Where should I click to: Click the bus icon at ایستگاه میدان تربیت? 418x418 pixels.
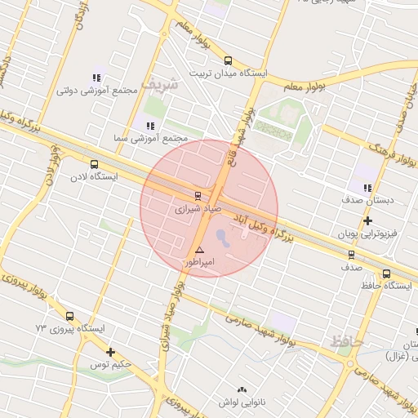228,60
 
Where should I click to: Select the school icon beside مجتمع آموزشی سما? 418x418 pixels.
149,126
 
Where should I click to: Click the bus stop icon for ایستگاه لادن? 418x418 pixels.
94,163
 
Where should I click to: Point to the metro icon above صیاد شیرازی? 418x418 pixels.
198,195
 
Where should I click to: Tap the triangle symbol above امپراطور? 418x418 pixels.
199,249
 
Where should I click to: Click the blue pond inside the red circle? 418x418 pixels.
222,238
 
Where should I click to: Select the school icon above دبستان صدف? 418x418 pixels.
367,187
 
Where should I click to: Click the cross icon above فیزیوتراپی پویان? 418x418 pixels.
368,220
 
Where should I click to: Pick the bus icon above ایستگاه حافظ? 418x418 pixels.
386,273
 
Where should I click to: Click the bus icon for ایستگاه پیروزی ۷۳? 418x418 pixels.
69,316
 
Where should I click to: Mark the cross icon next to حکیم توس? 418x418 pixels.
110,352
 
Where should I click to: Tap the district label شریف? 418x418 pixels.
158,83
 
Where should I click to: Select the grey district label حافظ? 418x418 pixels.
344,342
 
